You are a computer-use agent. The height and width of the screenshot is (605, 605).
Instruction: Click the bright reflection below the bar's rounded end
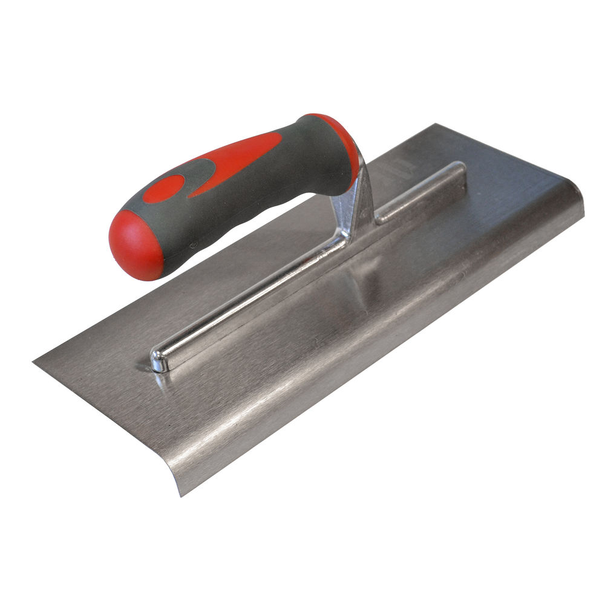click(x=162, y=380)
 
